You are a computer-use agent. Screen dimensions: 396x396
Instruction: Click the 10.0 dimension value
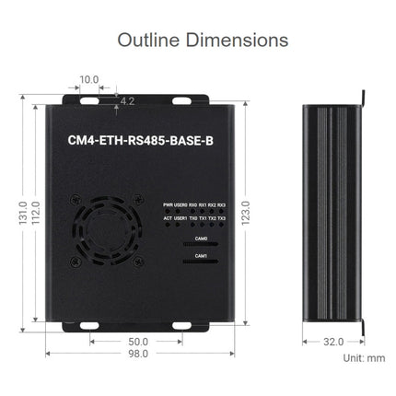[x=88, y=80]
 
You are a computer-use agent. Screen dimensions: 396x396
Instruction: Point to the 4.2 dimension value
[x=127, y=99]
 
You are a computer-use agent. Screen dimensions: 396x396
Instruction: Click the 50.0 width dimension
[x=138, y=340]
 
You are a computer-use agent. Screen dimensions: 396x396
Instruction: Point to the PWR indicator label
[x=168, y=204]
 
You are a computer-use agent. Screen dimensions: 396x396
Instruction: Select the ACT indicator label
[x=168, y=218]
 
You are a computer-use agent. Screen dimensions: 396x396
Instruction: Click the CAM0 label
[x=201, y=239]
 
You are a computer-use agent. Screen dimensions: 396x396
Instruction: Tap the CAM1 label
[x=201, y=257]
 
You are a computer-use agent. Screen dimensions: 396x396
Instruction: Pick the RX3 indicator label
[x=221, y=204]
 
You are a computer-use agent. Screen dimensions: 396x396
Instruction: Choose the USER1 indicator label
[x=181, y=218]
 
